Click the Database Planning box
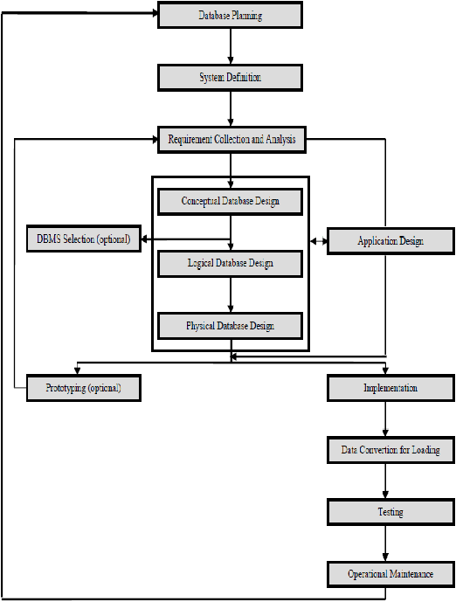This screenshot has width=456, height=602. (x=231, y=15)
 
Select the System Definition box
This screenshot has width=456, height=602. (x=231, y=78)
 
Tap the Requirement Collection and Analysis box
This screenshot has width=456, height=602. (x=231, y=140)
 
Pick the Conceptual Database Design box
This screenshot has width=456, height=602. (x=231, y=202)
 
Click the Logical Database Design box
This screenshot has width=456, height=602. (x=231, y=264)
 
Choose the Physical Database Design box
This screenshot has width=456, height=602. (x=231, y=326)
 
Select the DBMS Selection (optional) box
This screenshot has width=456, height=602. (x=84, y=239)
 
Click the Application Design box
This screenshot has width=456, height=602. (x=390, y=241)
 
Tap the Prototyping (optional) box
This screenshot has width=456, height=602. (x=84, y=388)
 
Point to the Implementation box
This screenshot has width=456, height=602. (x=390, y=388)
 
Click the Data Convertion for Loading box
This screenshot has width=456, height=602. (x=390, y=450)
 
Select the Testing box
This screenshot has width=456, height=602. (x=390, y=512)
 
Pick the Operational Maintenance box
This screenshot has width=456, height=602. (x=390, y=574)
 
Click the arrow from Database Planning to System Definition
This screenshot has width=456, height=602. (x=231, y=46)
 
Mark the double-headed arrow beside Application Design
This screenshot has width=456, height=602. (x=319, y=241)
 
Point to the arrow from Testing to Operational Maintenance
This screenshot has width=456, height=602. (x=385, y=543)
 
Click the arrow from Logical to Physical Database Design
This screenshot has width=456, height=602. (x=231, y=294)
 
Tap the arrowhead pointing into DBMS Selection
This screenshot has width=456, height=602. (x=145, y=239)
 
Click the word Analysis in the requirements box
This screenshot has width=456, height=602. (x=280, y=140)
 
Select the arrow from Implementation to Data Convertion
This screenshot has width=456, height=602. (x=385, y=419)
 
